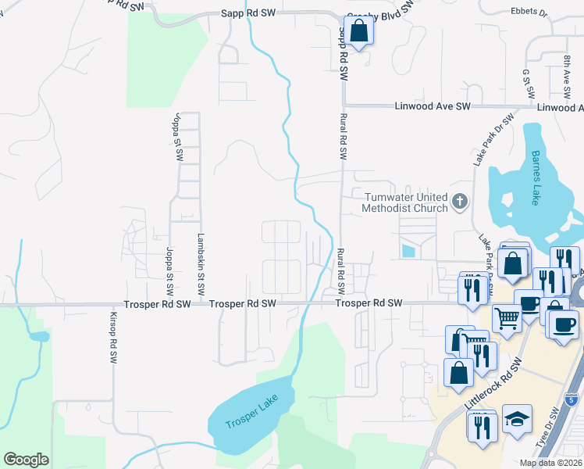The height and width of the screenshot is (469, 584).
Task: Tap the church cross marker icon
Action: point(460,202)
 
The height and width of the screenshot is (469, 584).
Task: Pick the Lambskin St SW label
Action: point(201,263)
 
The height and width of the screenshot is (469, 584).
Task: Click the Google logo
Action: point(26,460)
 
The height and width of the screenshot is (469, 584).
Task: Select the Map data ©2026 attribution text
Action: point(550,463)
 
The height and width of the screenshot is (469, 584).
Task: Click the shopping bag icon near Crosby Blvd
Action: point(358,31)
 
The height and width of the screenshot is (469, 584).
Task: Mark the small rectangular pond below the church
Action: point(406,251)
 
